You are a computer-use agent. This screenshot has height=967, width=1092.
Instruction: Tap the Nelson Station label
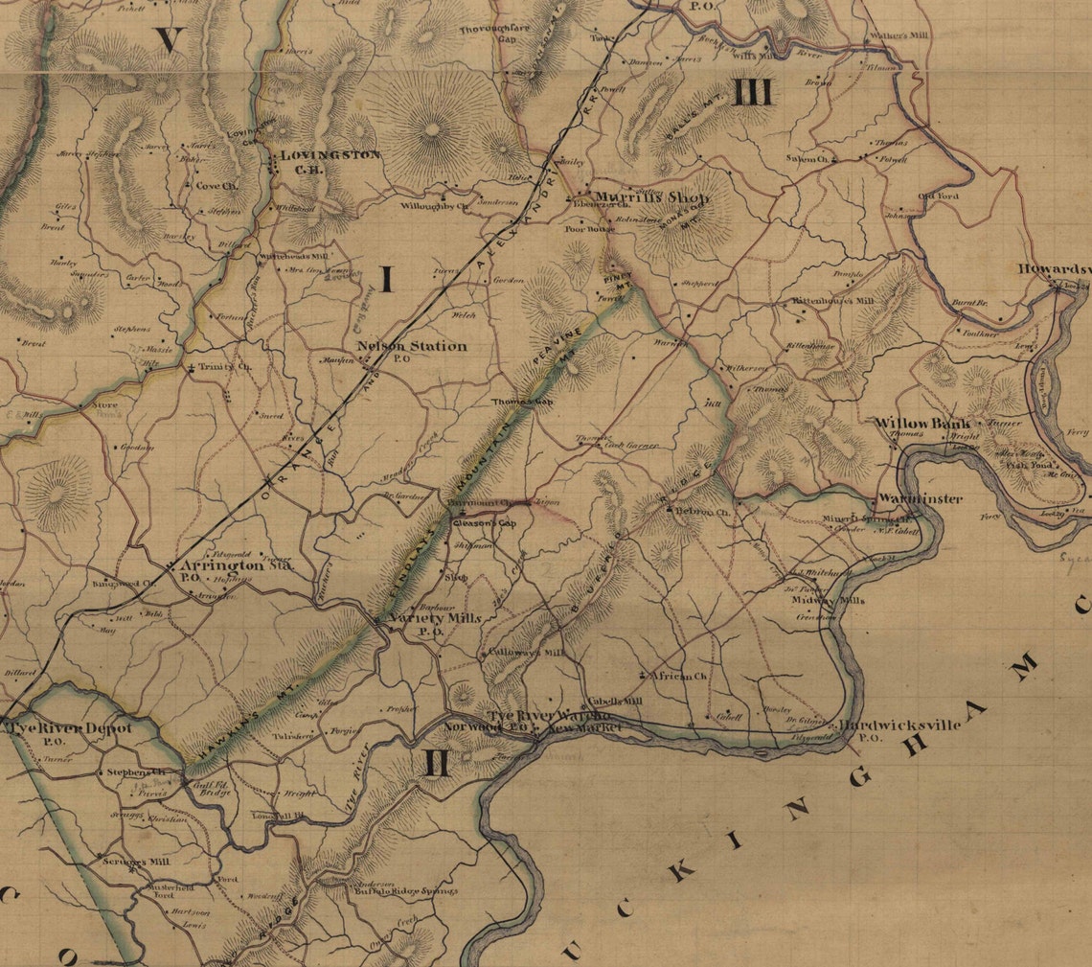point(411,346)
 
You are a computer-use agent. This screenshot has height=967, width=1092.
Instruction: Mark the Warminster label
point(919,499)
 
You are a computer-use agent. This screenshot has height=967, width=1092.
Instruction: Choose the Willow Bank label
point(922,423)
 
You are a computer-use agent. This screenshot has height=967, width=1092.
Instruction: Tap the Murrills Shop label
point(650,197)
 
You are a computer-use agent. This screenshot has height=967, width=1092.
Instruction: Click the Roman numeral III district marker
point(754,93)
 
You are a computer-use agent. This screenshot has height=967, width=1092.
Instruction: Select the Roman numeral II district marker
point(435,763)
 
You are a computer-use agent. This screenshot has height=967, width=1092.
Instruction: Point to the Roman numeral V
point(171,39)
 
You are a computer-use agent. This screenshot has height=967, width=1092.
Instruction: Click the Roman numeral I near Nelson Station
point(387,279)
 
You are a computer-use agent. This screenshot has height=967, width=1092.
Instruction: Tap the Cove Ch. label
point(216,186)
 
